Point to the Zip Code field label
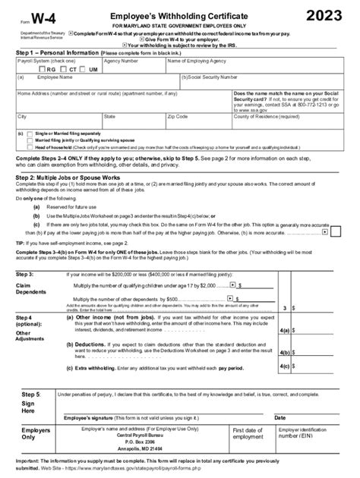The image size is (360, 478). (x=178, y=116)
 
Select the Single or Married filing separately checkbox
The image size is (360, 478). (x=30, y=133)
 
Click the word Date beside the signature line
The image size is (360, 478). (x=279, y=417)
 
